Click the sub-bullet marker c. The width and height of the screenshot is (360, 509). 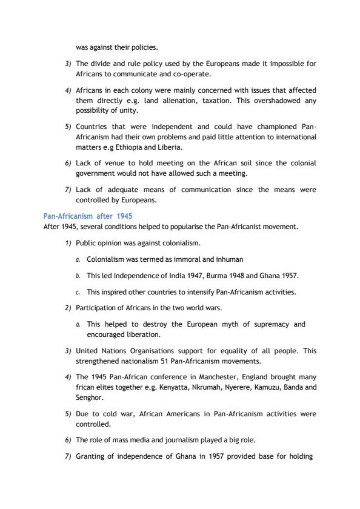(78, 292)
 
